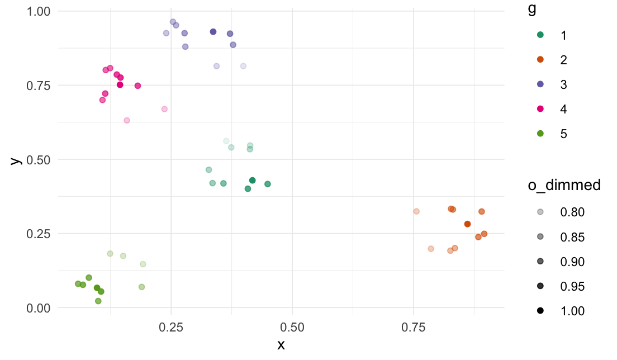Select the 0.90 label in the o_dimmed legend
(x=572, y=262)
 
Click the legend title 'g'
(x=533, y=10)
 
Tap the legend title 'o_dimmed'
(x=564, y=186)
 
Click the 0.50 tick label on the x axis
(x=292, y=325)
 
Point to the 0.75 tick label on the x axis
(x=414, y=325)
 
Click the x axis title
(x=281, y=345)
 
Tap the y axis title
(x=16, y=160)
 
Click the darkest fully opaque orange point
(x=467, y=224)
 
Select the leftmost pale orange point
(x=416, y=211)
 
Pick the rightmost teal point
(x=268, y=184)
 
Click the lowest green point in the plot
(x=98, y=301)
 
